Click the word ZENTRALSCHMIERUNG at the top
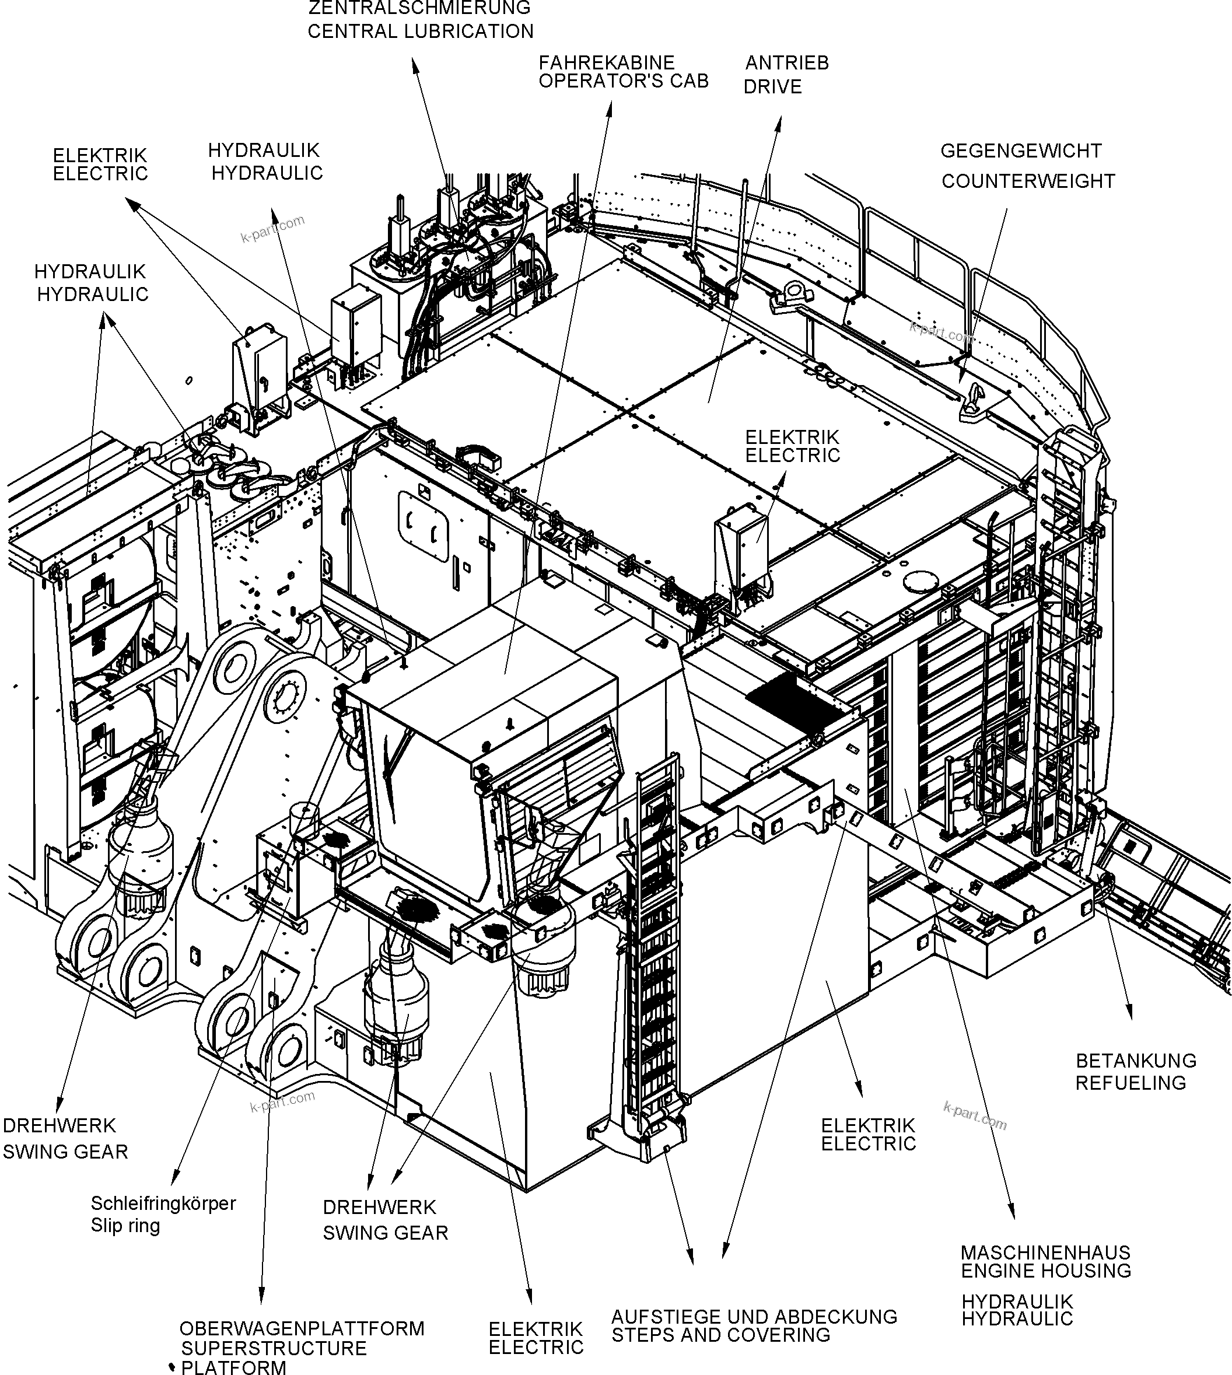[x=419, y=8]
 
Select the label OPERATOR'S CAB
[x=623, y=81]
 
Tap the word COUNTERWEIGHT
[x=1028, y=181]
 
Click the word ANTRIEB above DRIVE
[x=786, y=63]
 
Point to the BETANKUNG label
[x=1136, y=1061]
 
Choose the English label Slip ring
[x=125, y=1226]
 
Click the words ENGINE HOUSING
[x=1046, y=1271]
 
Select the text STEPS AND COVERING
[x=720, y=1336]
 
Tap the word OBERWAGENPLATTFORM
[x=302, y=1328]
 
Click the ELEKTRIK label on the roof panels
[x=792, y=437]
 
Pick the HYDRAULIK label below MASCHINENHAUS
[x=1017, y=1301]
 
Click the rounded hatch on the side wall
[x=423, y=526]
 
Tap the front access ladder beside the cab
[x=656, y=948]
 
